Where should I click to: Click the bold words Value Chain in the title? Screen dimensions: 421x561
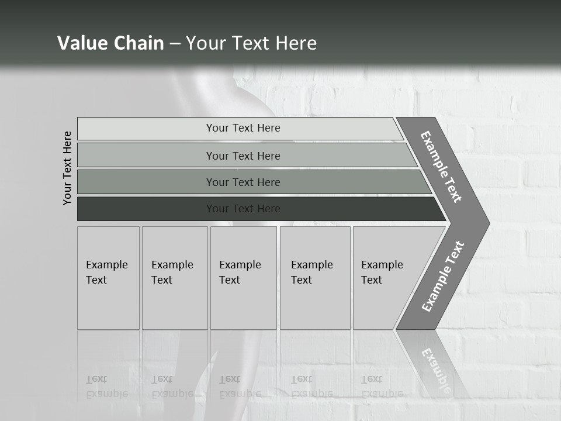coord(110,43)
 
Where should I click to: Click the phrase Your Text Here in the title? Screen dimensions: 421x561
coord(251,43)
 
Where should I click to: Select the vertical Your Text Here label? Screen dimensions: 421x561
coord(68,168)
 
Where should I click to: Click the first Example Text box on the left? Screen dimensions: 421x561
coord(108,278)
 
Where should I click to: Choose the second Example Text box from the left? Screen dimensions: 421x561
coord(174,278)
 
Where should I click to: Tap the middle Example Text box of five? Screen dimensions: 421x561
coord(243,278)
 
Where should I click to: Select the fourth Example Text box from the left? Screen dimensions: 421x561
coord(315,278)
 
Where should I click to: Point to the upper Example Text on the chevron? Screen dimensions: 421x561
coord(441,167)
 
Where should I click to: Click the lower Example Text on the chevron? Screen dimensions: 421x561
coord(443,276)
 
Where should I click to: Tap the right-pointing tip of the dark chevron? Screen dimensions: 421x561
coord(487,223)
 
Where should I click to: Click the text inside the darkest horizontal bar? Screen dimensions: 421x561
coord(243,209)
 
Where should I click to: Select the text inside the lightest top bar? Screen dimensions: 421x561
coord(243,128)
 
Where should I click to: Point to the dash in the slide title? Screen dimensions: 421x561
coord(175,43)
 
